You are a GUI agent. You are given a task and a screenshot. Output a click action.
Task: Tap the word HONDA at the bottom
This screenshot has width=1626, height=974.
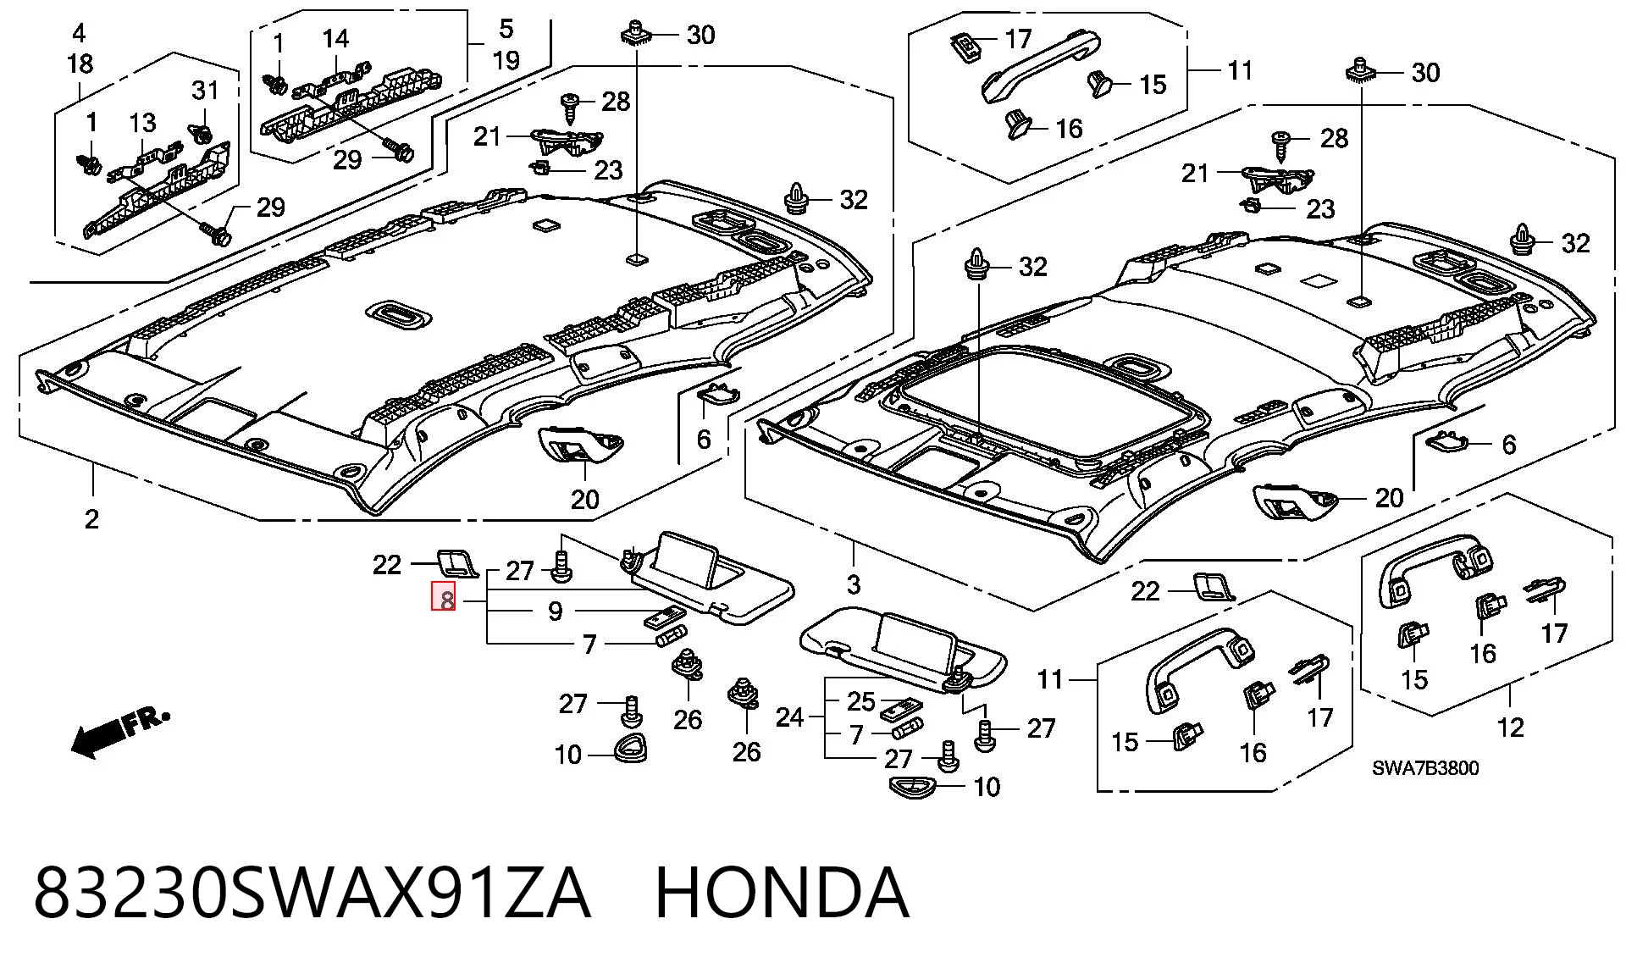click(x=782, y=893)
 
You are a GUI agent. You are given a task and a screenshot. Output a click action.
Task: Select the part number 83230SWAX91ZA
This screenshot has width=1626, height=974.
click(x=311, y=893)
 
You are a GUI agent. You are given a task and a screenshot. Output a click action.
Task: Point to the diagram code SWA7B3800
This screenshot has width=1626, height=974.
click(x=1425, y=768)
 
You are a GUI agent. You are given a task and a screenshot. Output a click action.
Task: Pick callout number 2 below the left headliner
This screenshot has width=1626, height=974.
click(x=91, y=518)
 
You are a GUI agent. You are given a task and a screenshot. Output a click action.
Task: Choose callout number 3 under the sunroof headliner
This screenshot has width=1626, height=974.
click(x=854, y=584)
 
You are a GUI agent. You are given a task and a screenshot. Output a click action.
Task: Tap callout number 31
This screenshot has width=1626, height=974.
click(x=205, y=90)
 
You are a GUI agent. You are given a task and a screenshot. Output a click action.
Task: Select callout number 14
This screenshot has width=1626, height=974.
click(x=335, y=38)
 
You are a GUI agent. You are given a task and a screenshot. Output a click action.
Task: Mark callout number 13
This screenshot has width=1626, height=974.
click(x=142, y=123)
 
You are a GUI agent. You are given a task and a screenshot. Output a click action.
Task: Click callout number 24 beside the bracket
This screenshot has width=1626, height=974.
click(x=789, y=717)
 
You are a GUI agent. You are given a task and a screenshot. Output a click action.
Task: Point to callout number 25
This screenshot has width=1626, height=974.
click(x=861, y=701)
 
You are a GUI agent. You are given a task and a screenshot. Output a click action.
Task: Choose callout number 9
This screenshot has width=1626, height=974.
click(x=556, y=611)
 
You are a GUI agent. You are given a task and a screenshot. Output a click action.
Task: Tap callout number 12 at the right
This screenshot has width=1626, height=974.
click(x=1511, y=727)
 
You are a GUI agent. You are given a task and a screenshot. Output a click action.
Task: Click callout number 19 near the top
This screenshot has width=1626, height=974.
click(x=506, y=60)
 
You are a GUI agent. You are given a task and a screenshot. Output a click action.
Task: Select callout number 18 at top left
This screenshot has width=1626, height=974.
click(x=80, y=64)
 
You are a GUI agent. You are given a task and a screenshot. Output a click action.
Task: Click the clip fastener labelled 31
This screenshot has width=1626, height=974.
click(x=202, y=133)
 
